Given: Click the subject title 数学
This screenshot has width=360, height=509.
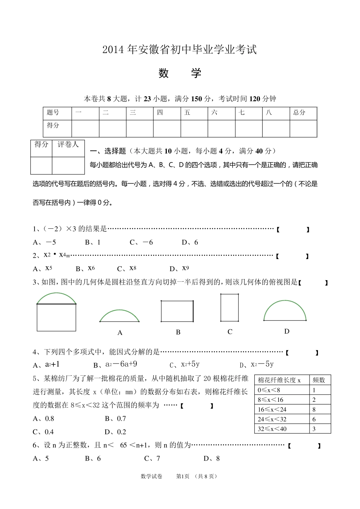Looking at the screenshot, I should click(180, 73).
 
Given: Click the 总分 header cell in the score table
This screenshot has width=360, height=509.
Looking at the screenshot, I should click(299, 112).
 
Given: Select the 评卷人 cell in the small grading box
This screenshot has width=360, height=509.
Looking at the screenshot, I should click(68, 145).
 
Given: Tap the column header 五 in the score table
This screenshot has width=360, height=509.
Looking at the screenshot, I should click(187, 112).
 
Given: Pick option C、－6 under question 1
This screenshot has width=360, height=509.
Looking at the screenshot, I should click(141, 242).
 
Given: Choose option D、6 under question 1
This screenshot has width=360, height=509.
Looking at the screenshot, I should click(190, 242).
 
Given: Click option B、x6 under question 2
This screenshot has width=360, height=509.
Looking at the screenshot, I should click(85, 269).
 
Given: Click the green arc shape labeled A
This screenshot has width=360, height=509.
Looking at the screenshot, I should click(119, 316).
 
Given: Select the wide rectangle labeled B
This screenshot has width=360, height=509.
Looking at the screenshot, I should click(177, 311).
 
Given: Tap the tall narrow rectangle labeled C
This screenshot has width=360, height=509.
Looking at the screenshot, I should click(230, 308).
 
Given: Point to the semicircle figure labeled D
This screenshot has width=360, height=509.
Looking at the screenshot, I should click(285, 310).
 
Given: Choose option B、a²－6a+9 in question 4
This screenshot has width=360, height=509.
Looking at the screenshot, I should click(115, 364).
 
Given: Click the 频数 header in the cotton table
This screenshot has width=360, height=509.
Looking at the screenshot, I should click(319, 380).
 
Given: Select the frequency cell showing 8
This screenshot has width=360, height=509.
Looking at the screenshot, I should click(314, 409).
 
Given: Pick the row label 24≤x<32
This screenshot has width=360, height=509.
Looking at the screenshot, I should click(272, 419).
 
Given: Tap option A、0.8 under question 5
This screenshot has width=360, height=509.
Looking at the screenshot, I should click(44, 418).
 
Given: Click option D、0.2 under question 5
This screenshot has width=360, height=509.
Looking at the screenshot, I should click(116, 432).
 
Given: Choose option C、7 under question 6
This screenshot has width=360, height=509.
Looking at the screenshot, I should click(152, 459).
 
